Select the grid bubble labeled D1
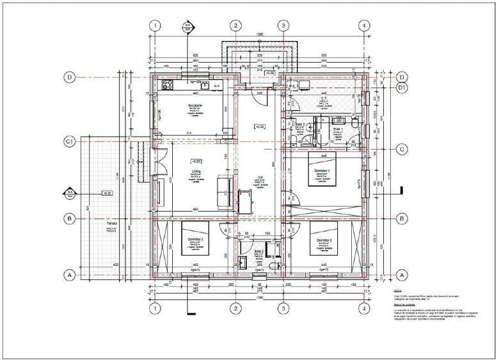[x=402, y=87]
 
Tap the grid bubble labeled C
[x=402, y=150]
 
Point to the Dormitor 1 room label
[x=322, y=171]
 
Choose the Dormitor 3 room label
[x=195, y=239]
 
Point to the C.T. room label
[x=324, y=99]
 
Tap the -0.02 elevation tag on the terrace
[x=107, y=192]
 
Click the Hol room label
[x=259, y=178]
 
